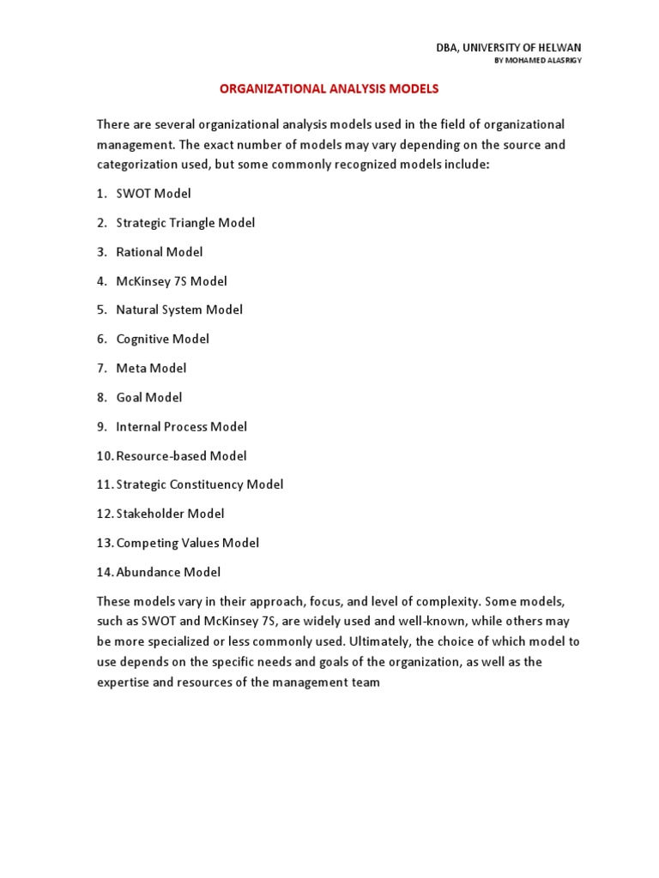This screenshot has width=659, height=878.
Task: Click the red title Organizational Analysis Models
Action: pos(329,88)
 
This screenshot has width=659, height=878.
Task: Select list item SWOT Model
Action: pos(154,194)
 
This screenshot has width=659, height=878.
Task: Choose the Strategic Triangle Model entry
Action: pos(185,223)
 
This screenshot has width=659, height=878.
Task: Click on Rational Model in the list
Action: pos(160,252)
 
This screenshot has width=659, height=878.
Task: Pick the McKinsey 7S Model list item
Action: pos(172,281)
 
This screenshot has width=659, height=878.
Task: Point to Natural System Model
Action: pos(179,310)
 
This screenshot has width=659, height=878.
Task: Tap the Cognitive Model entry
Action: pos(162,339)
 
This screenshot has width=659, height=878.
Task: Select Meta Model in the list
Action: pos(151,368)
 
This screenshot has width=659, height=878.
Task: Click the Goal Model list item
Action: pos(149,397)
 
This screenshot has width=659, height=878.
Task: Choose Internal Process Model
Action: pos(181,426)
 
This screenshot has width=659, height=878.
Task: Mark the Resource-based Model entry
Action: pos(181,455)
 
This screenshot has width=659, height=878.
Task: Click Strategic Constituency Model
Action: pos(199,484)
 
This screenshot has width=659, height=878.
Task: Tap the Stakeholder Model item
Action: pos(170,514)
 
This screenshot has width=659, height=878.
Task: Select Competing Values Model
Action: pos(187,543)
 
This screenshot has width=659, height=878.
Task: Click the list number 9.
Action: pos(100,426)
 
